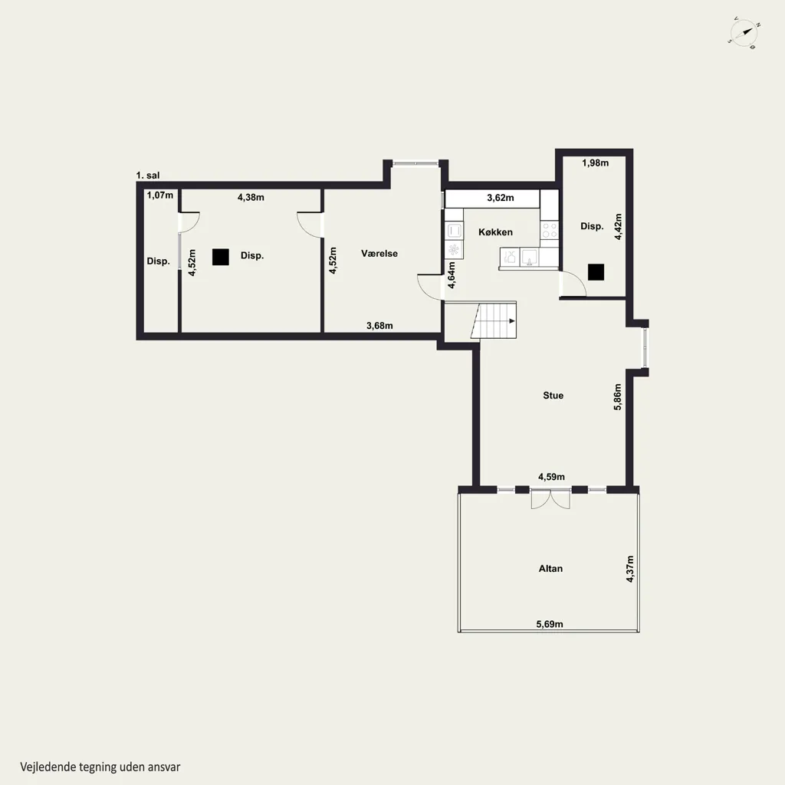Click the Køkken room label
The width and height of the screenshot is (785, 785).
tap(495, 232)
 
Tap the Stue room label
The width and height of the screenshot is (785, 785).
tap(553, 396)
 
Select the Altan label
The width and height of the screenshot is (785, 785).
tap(550, 569)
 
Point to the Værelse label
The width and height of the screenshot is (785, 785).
tap(379, 253)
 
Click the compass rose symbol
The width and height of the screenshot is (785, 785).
tap(744, 34)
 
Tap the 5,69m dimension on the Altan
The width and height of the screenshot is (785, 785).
tap(550, 624)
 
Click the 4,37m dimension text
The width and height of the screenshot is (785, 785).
tap(630, 569)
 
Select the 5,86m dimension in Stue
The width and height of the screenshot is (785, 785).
tap(618, 397)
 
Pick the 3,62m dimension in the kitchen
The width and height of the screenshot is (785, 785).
tap(501, 198)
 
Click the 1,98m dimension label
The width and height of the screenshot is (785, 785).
tap(595, 163)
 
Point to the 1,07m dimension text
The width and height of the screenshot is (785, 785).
tap(160, 195)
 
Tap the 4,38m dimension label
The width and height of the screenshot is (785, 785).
tap(251, 197)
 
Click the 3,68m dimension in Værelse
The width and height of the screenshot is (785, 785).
tap(379, 325)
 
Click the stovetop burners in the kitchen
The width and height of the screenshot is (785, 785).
tap(550, 230)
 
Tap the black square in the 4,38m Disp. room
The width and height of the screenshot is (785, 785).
tap(221, 257)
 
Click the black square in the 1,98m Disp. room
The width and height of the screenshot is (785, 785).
tap(596, 272)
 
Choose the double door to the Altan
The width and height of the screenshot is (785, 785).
tap(550, 499)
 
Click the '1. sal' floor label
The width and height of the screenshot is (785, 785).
tap(148, 176)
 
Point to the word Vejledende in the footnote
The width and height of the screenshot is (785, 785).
tap(48, 767)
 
